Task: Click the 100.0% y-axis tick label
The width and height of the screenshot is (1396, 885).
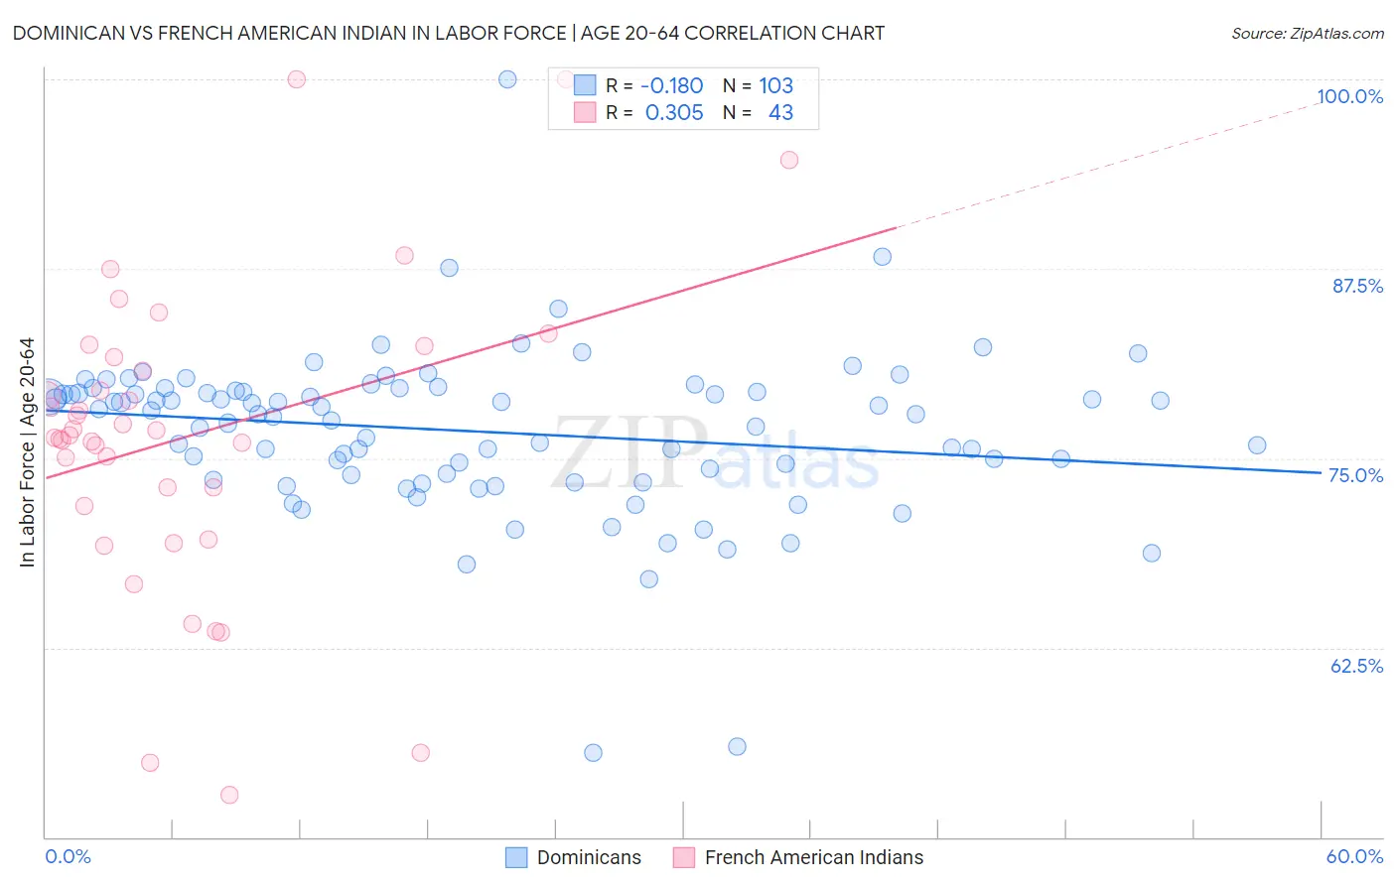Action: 1349,96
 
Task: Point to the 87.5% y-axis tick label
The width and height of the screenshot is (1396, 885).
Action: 1356,286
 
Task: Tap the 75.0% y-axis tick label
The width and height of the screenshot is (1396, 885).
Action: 1355,475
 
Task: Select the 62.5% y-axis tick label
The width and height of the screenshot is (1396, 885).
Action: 1356,666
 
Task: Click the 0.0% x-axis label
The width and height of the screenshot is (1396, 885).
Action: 68,856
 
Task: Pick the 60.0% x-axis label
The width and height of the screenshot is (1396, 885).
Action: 1354,856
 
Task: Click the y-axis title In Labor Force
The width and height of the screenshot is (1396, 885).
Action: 27,452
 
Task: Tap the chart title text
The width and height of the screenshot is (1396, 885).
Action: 448,33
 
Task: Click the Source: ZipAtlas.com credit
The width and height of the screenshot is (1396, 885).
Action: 1307,33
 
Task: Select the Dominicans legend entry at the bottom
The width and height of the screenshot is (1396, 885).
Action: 574,857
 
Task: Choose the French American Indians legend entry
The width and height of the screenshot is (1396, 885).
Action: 798,857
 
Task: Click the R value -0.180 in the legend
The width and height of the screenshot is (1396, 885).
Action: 671,86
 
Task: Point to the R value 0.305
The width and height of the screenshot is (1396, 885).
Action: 674,113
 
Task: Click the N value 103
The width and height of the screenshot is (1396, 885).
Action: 775,86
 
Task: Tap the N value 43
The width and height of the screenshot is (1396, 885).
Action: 780,113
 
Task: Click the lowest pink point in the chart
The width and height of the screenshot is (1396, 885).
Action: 229,795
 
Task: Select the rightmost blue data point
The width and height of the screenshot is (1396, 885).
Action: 1257,445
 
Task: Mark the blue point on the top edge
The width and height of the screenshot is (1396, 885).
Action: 507,79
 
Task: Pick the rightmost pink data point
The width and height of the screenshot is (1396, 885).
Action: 789,160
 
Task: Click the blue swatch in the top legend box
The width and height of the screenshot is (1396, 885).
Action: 585,86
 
